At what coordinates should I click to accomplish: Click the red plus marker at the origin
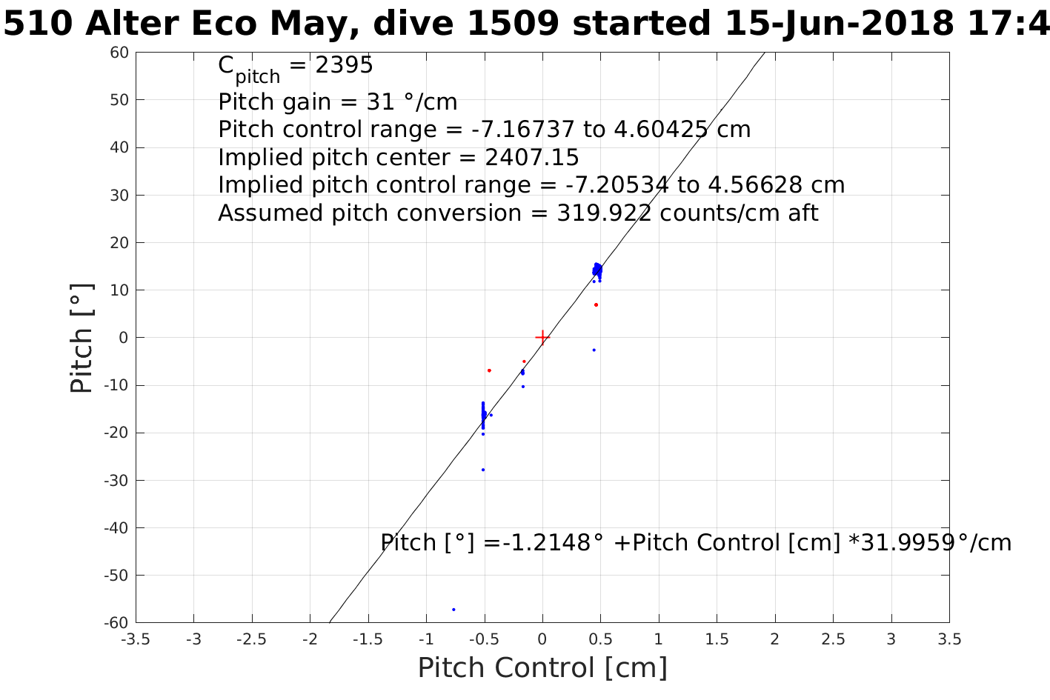pyautogui.click(x=542, y=338)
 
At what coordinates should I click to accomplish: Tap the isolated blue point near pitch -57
pyautogui.click(x=453, y=610)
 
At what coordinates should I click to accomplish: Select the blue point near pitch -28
pyautogui.click(x=483, y=470)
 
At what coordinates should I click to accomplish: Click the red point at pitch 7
pyautogui.click(x=596, y=304)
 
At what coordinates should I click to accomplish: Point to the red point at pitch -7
pyautogui.click(x=489, y=370)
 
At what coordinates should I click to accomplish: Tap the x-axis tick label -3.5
pyautogui.click(x=136, y=639)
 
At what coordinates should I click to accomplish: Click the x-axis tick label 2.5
pyautogui.click(x=833, y=639)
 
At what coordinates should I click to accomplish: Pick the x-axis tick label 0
pyautogui.click(x=542, y=639)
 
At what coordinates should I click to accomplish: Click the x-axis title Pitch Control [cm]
pyautogui.click(x=542, y=668)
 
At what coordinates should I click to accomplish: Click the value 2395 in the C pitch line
pyautogui.click(x=344, y=65)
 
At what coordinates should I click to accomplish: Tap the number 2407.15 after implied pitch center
pyautogui.click(x=531, y=158)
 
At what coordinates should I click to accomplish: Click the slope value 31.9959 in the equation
pyautogui.click(x=908, y=543)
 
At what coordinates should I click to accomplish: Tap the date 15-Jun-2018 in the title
pyautogui.click(x=838, y=24)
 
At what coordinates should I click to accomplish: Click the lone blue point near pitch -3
pyautogui.click(x=594, y=350)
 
